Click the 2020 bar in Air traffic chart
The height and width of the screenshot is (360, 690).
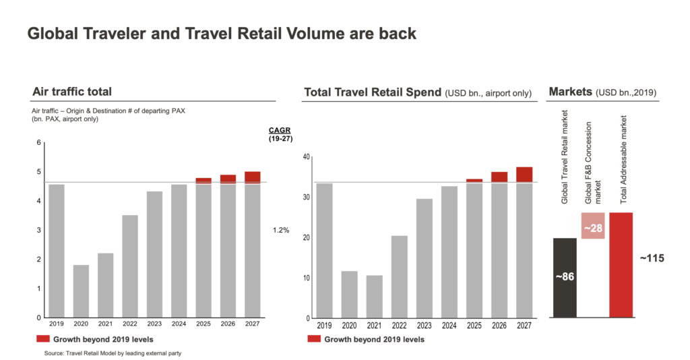coord(81,291)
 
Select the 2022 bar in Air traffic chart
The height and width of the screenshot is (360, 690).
coord(130,266)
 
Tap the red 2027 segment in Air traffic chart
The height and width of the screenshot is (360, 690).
coord(253,177)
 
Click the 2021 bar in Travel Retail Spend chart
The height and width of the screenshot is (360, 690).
coord(375,297)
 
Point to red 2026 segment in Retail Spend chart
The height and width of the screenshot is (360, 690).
coord(499,177)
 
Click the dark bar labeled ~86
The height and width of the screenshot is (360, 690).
coord(565,277)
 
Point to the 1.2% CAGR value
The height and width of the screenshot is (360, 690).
coord(281,231)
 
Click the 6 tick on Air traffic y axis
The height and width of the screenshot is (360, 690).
coord(39,142)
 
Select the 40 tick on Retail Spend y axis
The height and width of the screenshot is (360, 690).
coord(306,157)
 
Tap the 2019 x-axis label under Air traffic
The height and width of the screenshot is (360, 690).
coord(57,324)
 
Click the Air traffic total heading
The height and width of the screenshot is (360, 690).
coord(72,92)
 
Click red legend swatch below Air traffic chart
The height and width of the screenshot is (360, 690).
coord(42,338)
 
